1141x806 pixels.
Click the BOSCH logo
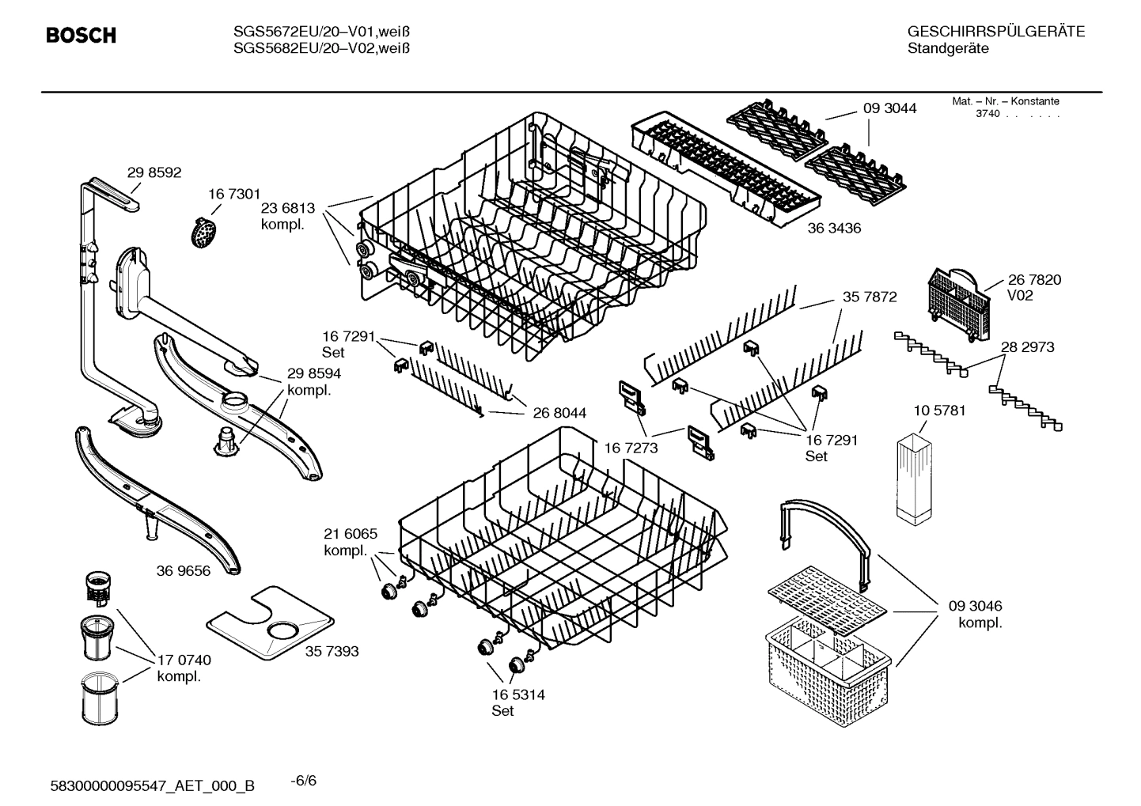81,36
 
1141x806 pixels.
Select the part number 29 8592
154,172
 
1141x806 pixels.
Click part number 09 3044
889,108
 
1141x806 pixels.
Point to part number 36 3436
834,229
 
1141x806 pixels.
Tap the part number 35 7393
332,651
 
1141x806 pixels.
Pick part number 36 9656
184,570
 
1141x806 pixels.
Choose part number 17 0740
184,660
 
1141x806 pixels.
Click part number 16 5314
517,694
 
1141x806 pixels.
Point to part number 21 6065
351,534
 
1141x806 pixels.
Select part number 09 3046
975,606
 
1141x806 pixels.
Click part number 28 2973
1027,346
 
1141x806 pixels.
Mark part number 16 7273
631,448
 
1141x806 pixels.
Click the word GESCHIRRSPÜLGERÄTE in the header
995,32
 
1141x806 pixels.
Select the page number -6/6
303,781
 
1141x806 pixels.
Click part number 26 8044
559,412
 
